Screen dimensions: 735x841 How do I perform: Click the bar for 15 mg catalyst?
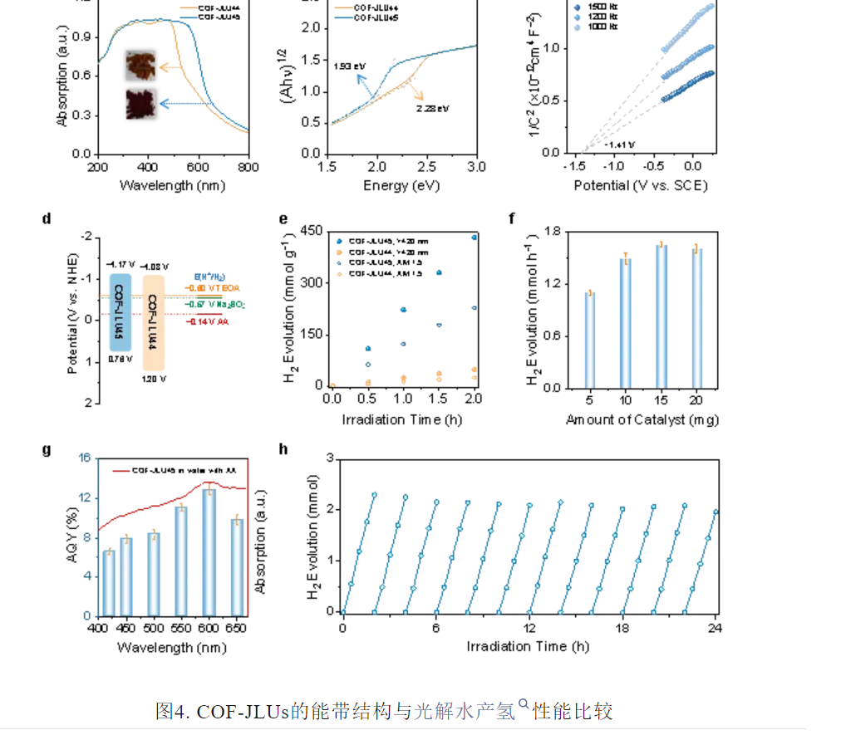[661, 316]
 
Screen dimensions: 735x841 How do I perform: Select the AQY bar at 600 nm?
[209, 552]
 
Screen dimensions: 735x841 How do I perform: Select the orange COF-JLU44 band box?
[155, 322]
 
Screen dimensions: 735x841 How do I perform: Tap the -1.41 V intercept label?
[620, 145]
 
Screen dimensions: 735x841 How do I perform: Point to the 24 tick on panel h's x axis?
[715, 627]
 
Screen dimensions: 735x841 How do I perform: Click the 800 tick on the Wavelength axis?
[248, 167]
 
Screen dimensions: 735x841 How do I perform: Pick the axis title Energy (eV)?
[402, 185]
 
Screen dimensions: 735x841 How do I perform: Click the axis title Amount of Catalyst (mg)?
[642, 419]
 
